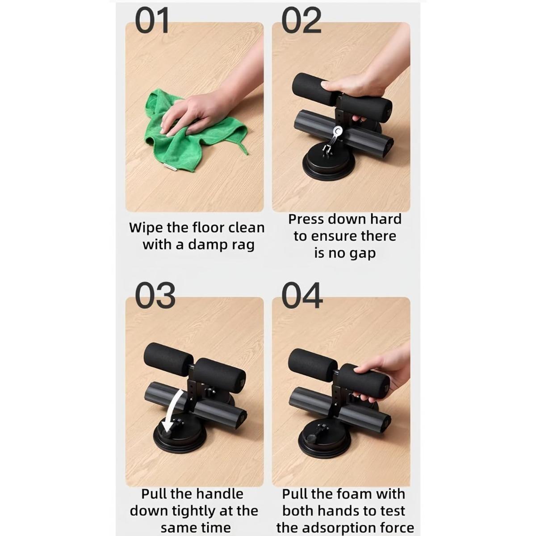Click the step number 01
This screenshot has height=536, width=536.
pyautogui.click(x=152, y=21)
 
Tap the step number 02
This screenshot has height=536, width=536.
pyautogui.click(x=301, y=21)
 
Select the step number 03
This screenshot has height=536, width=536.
pyautogui.click(x=155, y=296)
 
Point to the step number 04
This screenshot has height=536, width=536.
pyautogui.click(x=302, y=296)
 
